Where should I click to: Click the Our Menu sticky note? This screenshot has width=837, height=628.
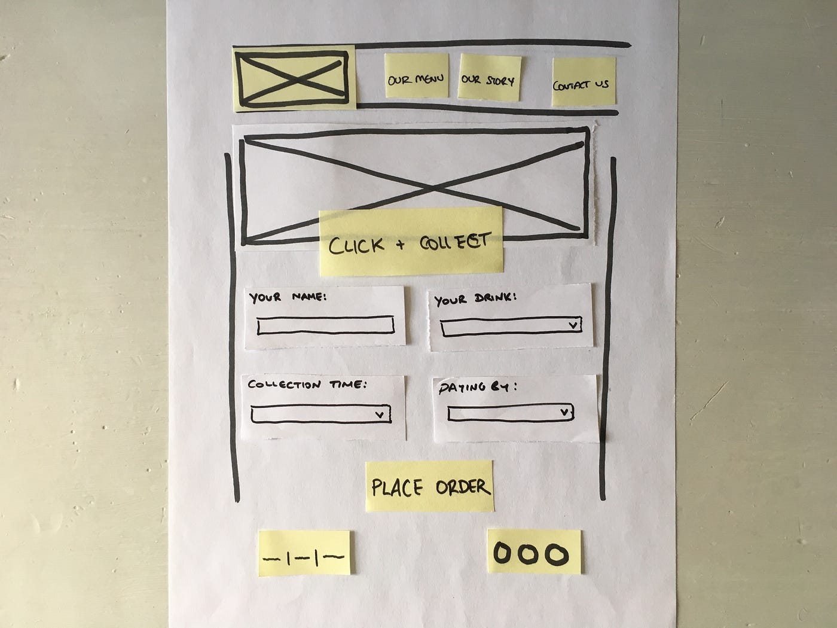click(x=416, y=76)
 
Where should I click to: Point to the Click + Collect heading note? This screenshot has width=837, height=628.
click(x=411, y=242)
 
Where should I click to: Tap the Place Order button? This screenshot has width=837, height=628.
click(x=429, y=486)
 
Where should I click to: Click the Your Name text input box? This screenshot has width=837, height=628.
click(x=325, y=325)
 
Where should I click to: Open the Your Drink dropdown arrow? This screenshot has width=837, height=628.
click(x=573, y=325)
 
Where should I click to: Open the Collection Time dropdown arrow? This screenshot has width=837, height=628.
click(x=379, y=414)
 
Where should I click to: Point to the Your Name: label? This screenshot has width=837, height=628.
click(x=288, y=297)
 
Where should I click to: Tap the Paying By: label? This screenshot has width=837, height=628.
click(x=477, y=388)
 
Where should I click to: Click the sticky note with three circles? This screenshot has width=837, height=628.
click(x=534, y=552)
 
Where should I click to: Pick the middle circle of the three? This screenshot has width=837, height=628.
click(x=531, y=554)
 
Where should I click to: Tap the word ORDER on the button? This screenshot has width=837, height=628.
click(x=462, y=487)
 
